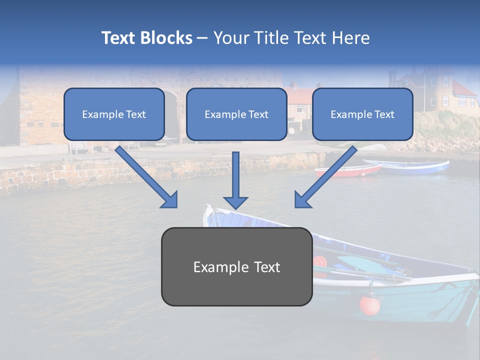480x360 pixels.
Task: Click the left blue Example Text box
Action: pyautogui.click(x=114, y=114)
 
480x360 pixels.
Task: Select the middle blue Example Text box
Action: pyautogui.click(x=236, y=114)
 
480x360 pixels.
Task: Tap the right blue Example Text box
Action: pyautogui.click(x=362, y=114)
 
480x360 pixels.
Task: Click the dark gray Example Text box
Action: pyautogui.click(x=236, y=266)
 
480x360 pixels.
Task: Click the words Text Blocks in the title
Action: pyautogui.click(x=146, y=38)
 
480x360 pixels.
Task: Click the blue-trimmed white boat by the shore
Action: pyautogui.click(x=407, y=166)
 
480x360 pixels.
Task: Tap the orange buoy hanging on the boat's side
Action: pyautogui.click(x=369, y=305)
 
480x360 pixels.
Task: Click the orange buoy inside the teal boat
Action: pyautogui.click(x=320, y=261)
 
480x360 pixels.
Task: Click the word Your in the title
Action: pyautogui.click(x=230, y=38)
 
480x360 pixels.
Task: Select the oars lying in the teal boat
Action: pyautogui.click(x=360, y=272)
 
